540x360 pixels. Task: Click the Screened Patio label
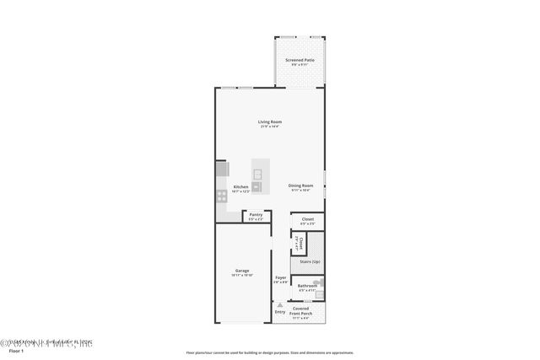click(x=300, y=60)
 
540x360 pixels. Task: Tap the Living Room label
click(x=270, y=122)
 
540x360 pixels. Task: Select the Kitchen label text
click(x=241, y=187)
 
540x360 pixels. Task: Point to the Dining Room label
click(x=300, y=185)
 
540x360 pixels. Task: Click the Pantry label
click(x=256, y=215)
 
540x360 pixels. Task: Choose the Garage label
click(x=242, y=271)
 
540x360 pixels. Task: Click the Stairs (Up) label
click(x=310, y=261)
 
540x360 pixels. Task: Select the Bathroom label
click(x=307, y=286)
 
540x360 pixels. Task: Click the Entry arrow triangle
click(x=268, y=305)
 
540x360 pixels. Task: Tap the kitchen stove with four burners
click(x=221, y=195)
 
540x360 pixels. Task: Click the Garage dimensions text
click(x=242, y=276)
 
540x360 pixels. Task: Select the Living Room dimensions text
click(x=270, y=127)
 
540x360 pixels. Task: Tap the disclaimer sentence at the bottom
click(x=270, y=352)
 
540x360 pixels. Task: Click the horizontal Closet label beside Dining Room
click(x=308, y=219)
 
